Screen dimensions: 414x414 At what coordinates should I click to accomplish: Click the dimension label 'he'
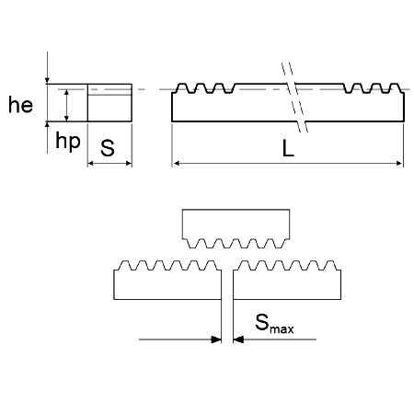[20, 105]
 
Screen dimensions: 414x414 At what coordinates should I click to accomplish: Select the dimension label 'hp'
[68, 142]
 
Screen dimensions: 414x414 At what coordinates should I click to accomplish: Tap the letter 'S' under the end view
[108, 148]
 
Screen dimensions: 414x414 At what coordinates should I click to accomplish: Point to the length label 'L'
[288, 148]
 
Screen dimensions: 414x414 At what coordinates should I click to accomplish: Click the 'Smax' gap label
[274, 323]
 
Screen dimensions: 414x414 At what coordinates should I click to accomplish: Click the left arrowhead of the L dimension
[177, 163]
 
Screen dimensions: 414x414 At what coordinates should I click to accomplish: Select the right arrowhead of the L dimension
[399, 163]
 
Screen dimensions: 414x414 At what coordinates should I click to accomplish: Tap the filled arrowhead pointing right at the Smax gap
[216, 339]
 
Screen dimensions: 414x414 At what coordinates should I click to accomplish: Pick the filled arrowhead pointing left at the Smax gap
[238, 339]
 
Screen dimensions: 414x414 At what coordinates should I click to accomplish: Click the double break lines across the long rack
[294, 98]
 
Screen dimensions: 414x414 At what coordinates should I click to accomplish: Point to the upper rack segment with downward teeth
[236, 228]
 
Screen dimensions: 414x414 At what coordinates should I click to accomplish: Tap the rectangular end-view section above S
[109, 102]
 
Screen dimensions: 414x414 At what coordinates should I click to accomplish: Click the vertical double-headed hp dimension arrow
[67, 105]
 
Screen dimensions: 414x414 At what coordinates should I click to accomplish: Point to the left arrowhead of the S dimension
[90, 163]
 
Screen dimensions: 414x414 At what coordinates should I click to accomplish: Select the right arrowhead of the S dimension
[129, 163]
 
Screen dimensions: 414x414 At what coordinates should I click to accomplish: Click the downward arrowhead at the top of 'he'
[47, 81]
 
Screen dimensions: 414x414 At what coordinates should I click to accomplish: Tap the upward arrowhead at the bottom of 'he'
[47, 124]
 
